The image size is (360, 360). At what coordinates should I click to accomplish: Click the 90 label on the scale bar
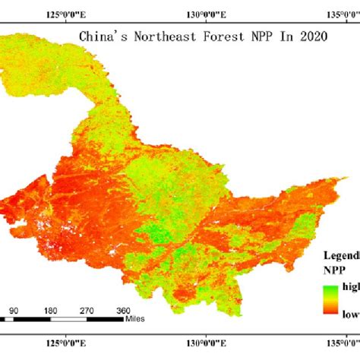(x=13, y=311)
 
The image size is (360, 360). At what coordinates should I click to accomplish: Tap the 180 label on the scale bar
(x=50, y=311)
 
